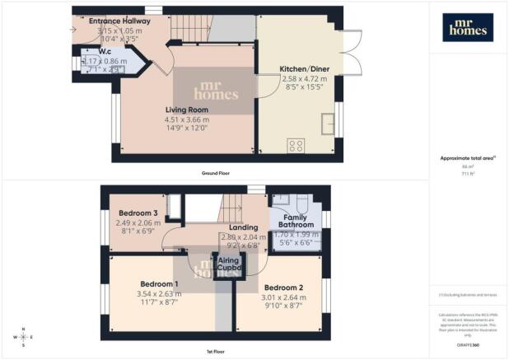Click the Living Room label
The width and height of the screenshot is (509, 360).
pos(186,110)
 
